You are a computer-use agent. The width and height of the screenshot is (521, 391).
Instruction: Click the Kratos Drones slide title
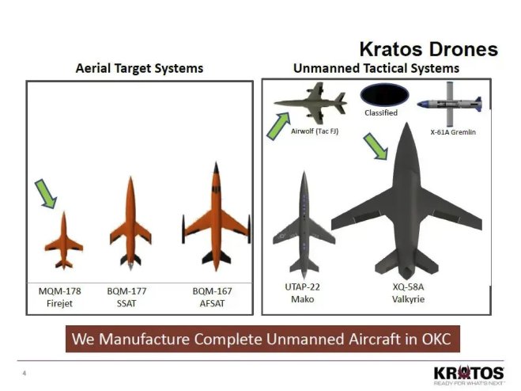(x=429, y=49)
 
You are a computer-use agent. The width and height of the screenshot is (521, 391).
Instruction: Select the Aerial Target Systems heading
(x=139, y=68)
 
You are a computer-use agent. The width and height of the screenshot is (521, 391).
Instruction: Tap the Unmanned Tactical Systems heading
(x=376, y=68)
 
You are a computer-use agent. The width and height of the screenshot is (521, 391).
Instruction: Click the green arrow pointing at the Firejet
(x=46, y=194)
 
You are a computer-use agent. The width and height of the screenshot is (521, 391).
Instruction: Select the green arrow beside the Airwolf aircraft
(x=277, y=126)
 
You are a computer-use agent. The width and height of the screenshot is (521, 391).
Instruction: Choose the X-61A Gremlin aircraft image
(x=448, y=106)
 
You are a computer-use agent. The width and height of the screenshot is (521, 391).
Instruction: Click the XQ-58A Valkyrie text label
(x=410, y=293)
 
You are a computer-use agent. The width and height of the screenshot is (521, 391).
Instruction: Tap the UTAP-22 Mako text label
(x=302, y=293)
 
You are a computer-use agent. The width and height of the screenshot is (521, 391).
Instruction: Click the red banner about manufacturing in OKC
(x=261, y=339)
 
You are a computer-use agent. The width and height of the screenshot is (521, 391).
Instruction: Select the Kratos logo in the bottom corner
(x=468, y=374)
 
